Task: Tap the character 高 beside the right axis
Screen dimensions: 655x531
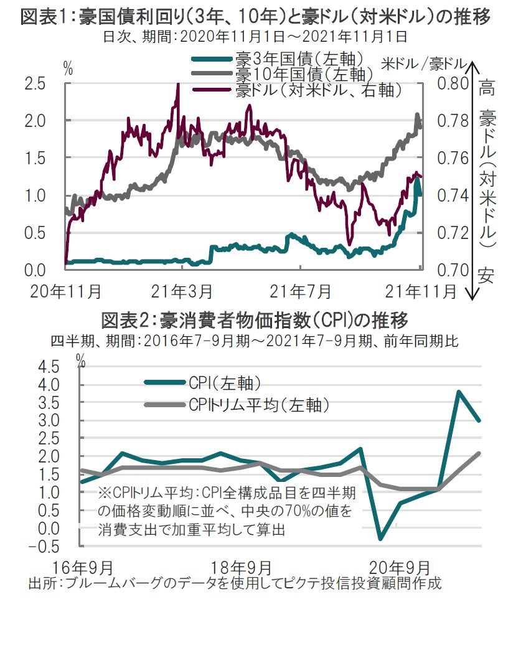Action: [487, 88]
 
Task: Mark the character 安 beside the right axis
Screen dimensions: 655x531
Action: [487, 275]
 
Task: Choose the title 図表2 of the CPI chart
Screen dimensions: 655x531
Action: [255, 321]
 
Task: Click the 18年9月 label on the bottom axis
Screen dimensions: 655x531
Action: [241, 568]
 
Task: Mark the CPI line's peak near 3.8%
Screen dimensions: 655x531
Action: [458, 392]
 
